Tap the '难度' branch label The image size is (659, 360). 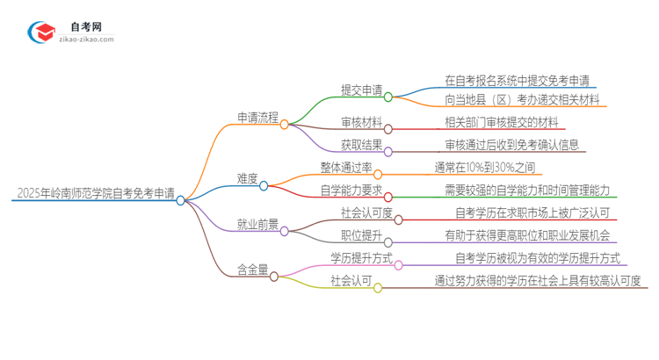tap(247, 178)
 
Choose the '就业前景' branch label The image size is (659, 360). tap(258, 224)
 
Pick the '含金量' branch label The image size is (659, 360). tap(253, 269)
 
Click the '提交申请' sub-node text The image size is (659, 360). tap(361, 90)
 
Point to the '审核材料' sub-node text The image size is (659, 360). tap(361, 122)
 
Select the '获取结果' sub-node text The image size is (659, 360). tap(361, 144)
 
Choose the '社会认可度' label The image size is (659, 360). tap(366, 212)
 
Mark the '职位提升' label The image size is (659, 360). tap(361, 234)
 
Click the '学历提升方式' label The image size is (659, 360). tap(361, 257)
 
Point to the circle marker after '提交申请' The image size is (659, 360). tap(387, 97)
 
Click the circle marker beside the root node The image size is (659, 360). tap(180, 200)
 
